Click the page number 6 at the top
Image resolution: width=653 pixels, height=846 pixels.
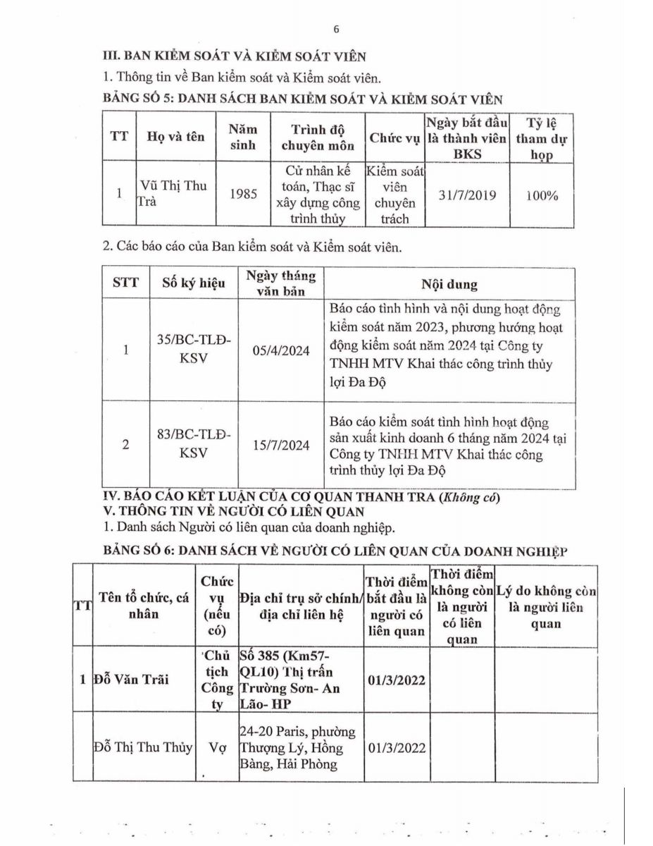pyautogui.click(x=336, y=29)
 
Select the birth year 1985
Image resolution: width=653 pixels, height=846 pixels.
pyautogui.click(x=243, y=195)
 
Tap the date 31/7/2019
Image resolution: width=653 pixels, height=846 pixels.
pyautogui.click(x=466, y=195)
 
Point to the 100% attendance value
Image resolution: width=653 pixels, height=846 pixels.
pyautogui.click(x=541, y=195)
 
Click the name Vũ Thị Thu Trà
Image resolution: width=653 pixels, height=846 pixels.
pyautogui.click(x=161, y=194)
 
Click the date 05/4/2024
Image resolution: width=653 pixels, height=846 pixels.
pyautogui.click(x=280, y=350)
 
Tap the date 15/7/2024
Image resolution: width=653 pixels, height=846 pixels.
pyautogui.click(x=280, y=445)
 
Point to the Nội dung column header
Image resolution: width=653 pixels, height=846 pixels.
pyautogui.click(x=449, y=285)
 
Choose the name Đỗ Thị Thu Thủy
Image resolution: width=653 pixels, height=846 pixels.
pyautogui.click(x=143, y=747)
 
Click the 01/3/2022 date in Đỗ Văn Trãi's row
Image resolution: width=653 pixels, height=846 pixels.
pyautogui.click(x=397, y=680)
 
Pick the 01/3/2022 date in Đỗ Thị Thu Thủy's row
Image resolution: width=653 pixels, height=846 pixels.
pyautogui.click(x=397, y=747)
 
